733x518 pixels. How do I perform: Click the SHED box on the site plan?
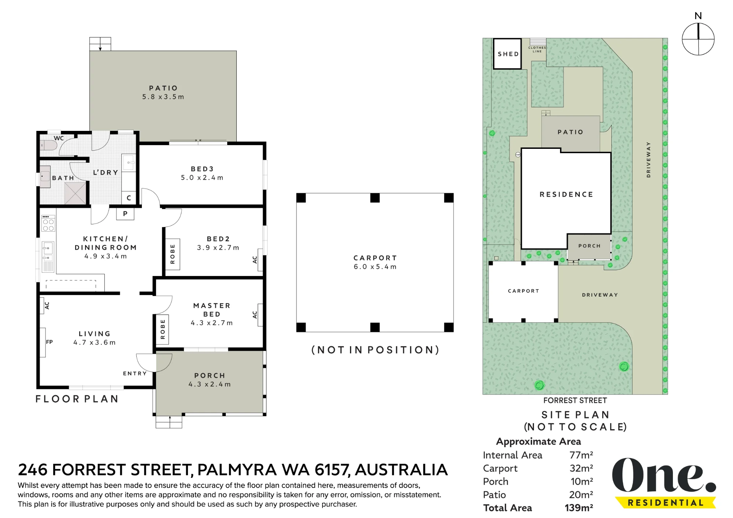[x=507, y=54]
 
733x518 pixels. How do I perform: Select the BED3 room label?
[x=202, y=169]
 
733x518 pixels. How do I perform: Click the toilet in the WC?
[x=48, y=146]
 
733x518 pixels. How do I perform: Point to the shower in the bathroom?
[x=75, y=193]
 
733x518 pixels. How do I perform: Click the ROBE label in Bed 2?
[x=173, y=254]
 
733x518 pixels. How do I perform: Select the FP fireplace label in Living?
[x=49, y=342]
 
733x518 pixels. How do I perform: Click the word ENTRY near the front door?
[x=135, y=374]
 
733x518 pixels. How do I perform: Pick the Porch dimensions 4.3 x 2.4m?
[x=210, y=384]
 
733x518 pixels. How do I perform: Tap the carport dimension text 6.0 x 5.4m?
[x=375, y=267]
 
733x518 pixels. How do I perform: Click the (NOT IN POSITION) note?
[x=375, y=350]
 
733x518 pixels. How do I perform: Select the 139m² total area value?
[x=579, y=508]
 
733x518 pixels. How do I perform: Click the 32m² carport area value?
[x=581, y=468]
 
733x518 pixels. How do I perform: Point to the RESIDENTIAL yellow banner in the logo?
[x=666, y=503]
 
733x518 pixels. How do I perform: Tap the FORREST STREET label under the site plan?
[x=575, y=400]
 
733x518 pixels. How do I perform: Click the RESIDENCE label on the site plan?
[x=566, y=194]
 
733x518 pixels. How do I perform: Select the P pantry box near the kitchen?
[x=125, y=214]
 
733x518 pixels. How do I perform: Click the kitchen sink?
[x=48, y=248]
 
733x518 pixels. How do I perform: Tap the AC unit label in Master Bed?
[x=255, y=315]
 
